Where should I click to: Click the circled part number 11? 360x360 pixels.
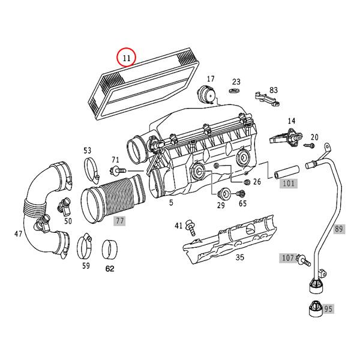tap(126, 58)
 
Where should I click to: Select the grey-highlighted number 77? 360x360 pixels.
tap(120, 221)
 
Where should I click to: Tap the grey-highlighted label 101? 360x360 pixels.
tap(289, 184)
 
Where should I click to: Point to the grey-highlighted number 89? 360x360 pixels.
tap(339, 229)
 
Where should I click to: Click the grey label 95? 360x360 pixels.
tap(328, 310)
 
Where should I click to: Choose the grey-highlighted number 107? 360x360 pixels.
tap(287, 258)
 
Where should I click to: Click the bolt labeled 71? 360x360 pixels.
tap(120, 171)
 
